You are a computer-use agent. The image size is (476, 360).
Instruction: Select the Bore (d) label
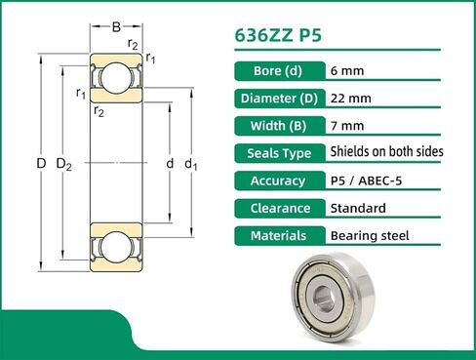tap(274, 70)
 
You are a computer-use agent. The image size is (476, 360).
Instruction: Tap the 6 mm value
tap(346, 70)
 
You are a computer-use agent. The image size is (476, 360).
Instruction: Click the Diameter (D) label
tap(274, 98)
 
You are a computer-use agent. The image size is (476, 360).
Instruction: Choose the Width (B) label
tap(274, 125)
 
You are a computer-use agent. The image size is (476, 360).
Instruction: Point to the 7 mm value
tap(346, 125)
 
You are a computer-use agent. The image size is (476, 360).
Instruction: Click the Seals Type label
tap(274, 152)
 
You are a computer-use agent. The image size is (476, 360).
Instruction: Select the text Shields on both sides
tap(387, 152)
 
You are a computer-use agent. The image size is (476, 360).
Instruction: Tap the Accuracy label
tap(274, 180)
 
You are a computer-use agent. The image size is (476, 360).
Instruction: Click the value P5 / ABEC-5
tap(372, 180)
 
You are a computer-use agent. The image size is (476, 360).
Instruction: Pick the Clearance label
tap(274, 208)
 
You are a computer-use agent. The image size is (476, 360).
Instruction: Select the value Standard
tap(358, 208)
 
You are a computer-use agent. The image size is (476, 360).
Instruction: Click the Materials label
tap(274, 235)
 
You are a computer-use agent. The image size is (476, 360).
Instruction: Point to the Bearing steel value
tap(370, 235)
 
